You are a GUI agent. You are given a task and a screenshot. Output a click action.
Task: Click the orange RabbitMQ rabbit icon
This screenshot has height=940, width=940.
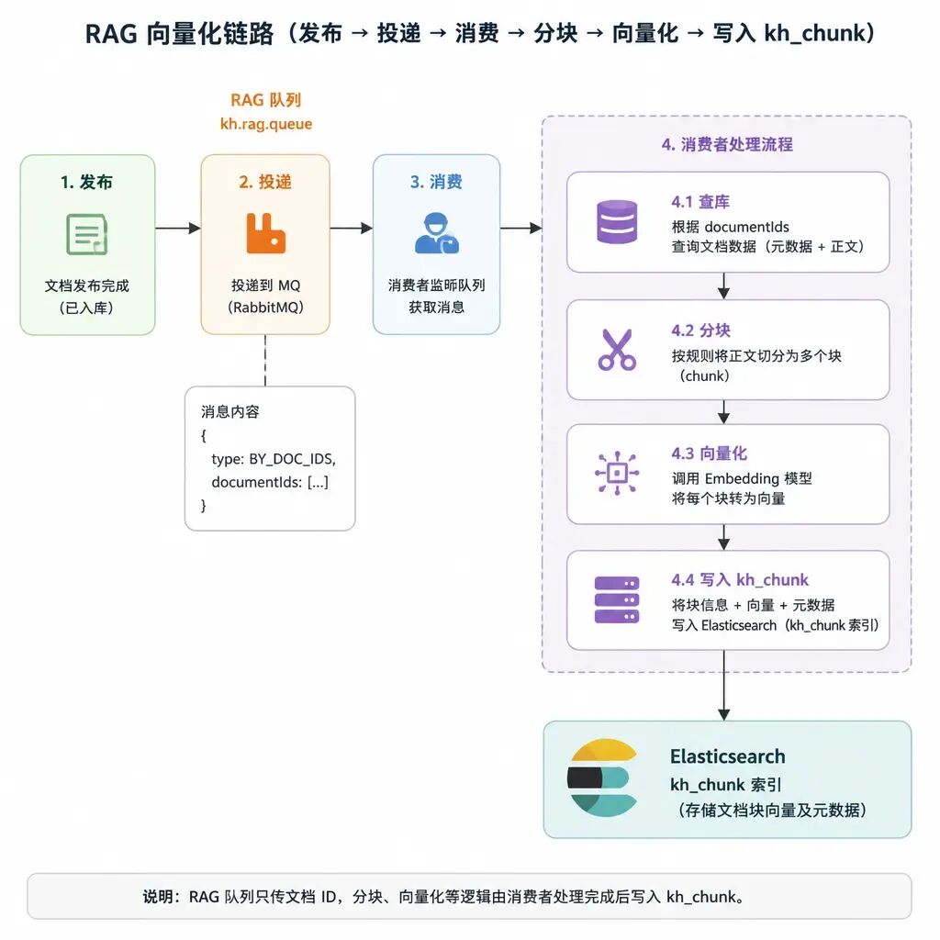click(265, 233)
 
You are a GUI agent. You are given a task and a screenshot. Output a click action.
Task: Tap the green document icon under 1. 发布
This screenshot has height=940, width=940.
click(87, 234)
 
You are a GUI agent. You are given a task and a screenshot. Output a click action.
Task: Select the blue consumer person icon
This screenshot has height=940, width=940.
click(436, 233)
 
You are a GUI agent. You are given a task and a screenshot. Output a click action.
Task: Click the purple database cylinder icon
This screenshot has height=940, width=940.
click(617, 222)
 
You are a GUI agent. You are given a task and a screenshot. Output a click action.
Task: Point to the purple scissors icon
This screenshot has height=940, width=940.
click(617, 350)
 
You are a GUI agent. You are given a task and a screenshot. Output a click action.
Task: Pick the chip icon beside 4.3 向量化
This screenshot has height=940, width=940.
click(617, 473)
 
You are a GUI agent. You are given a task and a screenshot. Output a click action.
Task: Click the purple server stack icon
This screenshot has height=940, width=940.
click(617, 600)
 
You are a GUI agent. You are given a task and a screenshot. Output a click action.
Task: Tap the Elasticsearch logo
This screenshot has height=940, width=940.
click(602, 778)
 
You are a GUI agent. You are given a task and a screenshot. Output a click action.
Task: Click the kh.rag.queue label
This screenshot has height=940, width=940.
click(266, 124)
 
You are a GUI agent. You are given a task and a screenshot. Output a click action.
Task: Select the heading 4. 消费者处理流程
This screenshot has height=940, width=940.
click(727, 144)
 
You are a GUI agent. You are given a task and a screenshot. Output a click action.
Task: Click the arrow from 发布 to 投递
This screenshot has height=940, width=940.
click(178, 228)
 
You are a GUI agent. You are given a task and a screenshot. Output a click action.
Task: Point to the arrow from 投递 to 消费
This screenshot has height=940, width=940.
click(352, 228)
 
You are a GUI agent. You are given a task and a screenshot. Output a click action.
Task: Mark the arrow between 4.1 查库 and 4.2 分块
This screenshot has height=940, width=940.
click(723, 286)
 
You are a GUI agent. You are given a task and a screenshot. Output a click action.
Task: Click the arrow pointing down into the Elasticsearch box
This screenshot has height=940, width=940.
click(723, 685)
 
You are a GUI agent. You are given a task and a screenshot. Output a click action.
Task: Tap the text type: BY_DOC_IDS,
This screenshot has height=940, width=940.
click(274, 459)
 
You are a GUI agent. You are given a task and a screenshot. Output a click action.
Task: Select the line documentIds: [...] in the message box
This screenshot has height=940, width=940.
click(270, 482)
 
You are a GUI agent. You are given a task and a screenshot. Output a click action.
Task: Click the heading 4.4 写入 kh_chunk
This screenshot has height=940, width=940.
click(740, 580)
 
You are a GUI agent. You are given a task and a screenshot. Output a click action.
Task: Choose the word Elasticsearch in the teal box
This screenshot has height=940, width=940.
click(728, 756)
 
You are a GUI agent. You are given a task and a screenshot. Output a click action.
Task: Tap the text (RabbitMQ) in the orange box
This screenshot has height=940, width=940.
click(265, 308)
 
